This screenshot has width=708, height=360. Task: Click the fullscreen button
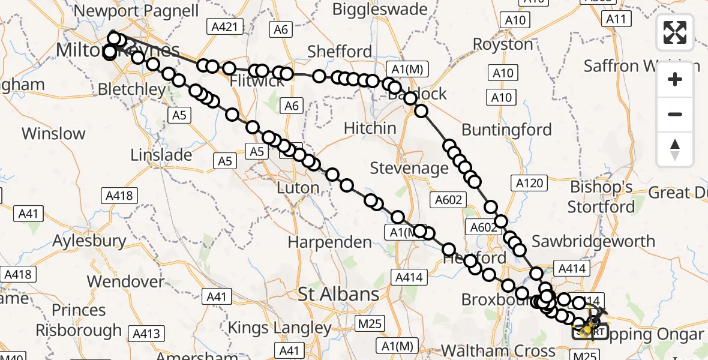(675, 32)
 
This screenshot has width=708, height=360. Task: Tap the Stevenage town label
(409, 168)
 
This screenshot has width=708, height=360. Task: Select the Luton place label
(298, 188)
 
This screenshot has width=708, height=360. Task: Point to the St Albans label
(339, 295)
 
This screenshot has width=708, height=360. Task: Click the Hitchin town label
(370, 128)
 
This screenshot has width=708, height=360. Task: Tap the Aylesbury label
(89, 241)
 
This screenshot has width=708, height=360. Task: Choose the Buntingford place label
(507, 130)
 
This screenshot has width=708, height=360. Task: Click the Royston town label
(503, 44)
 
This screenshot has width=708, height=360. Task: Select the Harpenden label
(330, 242)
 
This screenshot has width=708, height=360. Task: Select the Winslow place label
(54, 133)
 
